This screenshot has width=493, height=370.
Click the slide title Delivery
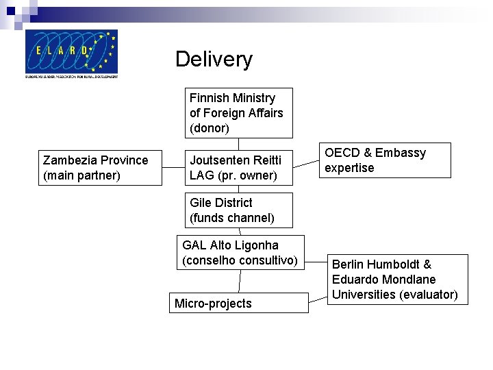click(214, 59)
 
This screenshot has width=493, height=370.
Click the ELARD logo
click(71, 53)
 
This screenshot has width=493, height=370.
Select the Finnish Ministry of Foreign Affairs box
click(239, 113)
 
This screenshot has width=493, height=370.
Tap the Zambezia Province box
click(100, 168)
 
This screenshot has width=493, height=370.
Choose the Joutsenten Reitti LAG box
click(239, 168)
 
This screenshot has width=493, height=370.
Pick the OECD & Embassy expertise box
click(385, 160)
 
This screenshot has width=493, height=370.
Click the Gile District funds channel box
click(239, 210)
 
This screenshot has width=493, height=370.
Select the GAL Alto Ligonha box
click(240, 253)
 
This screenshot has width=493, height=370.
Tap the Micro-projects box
click(239, 303)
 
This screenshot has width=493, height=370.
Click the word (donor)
click(210, 128)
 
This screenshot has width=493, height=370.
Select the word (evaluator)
click(429, 295)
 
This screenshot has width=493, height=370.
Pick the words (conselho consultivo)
click(240, 260)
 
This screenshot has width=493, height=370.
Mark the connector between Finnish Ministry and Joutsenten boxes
click(239, 144)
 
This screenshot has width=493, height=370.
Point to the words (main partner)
click(81, 175)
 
